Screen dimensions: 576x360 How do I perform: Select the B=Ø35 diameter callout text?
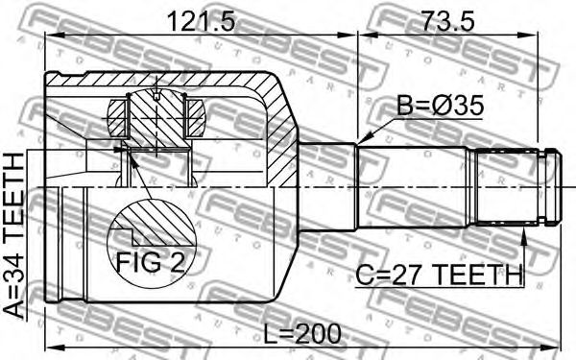click(x=440, y=106)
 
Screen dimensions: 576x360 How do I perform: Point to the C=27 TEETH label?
click(x=439, y=276)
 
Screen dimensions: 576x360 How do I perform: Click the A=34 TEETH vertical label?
click(x=14, y=235)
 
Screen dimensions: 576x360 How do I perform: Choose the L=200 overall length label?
click(x=303, y=334)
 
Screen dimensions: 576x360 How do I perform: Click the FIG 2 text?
click(x=151, y=263)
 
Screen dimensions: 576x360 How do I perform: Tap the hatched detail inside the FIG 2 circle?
click(x=156, y=224)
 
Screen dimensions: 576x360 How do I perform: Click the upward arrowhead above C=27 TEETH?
click(x=524, y=234)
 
